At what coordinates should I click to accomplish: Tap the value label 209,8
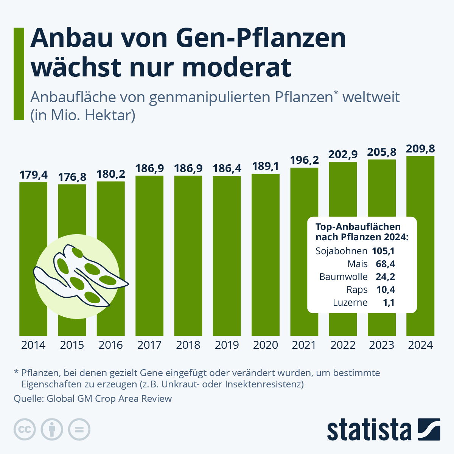[420, 149]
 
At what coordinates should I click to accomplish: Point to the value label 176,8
[72, 177]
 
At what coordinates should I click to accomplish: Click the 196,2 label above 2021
[304, 160]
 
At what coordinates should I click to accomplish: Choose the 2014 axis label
[33, 345]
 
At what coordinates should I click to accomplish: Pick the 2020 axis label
[266, 345]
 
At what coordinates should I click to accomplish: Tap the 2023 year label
[382, 345]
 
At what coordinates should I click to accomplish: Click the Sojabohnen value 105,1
[383, 251]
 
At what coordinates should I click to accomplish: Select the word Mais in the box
[358, 264]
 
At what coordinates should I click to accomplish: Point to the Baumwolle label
[343, 277]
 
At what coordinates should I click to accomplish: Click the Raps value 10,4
[385, 290]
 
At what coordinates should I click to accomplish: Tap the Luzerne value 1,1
[388, 303]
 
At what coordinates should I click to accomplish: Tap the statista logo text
[369, 430]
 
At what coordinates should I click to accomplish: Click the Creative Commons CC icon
[25, 430]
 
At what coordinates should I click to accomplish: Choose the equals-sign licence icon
[79, 430]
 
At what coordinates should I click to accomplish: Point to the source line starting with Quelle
[93, 399]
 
